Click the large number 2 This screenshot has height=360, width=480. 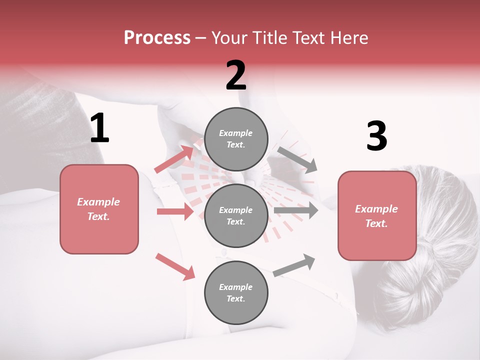click(x=236, y=75)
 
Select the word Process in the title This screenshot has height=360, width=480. click(x=157, y=37)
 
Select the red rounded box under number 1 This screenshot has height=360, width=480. click(x=99, y=209)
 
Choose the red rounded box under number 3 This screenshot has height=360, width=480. click(x=377, y=215)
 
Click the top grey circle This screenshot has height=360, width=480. click(x=236, y=138)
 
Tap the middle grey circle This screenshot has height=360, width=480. click(x=236, y=215)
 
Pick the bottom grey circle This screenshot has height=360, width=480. click(x=236, y=292)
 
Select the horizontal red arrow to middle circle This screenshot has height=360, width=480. click(x=175, y=211)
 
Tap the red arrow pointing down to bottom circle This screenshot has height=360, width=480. click(x=175, y=266)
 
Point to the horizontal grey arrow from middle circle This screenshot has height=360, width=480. click(x=296, y=210)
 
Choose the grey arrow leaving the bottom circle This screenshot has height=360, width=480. click(x=294, y=264)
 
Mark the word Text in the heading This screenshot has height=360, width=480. click(x=308, y=37)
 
